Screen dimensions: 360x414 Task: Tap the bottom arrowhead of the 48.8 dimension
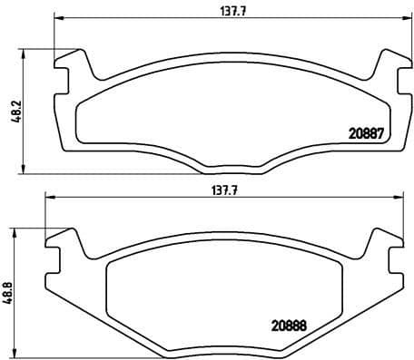click(16, 354)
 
